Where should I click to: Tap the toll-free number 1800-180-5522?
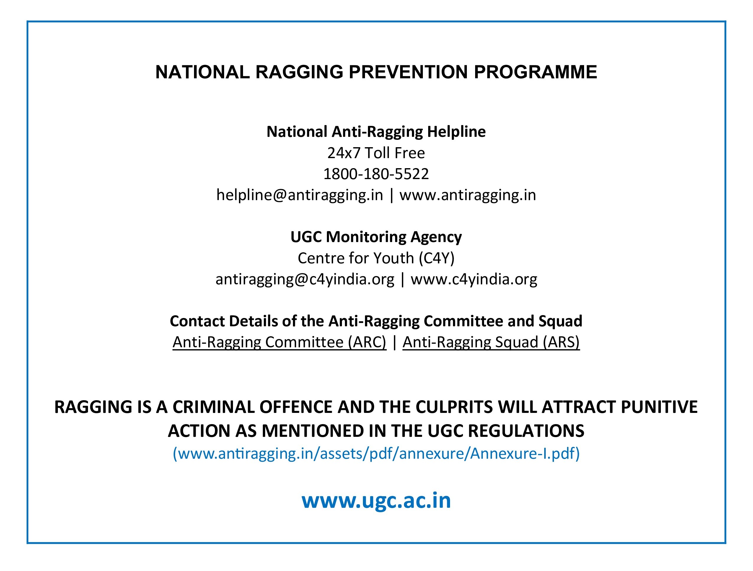(x=376, y=174)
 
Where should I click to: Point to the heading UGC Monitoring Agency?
(x=376, y=237)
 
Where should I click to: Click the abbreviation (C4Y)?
(x=437, y=258)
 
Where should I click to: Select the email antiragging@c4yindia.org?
(x=305, y=279)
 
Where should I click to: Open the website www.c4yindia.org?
(x=474, y=279)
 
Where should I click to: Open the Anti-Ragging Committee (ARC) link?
(x=279, y=342)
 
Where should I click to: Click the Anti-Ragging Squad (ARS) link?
(x=491, y=342)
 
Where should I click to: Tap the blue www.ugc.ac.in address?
(x=376, y=500)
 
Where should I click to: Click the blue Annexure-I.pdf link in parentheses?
(x=376, y=453)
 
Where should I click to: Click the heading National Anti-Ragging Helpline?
(x=376, y=132)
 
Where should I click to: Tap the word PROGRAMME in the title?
(x=535, y=72)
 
